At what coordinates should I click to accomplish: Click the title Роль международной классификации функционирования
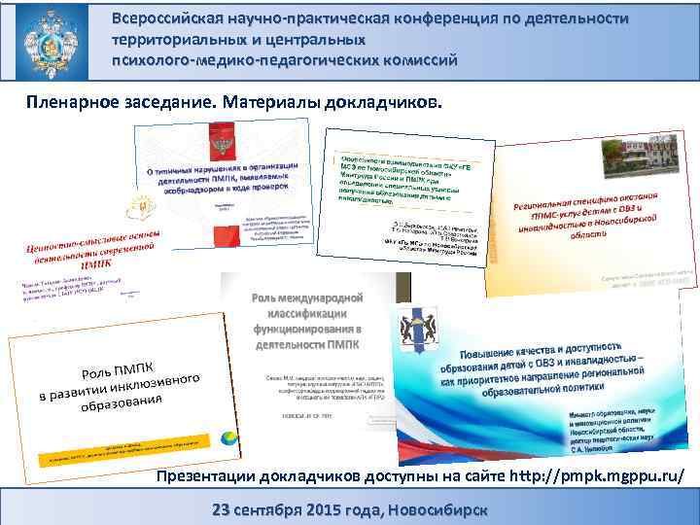click(x=307, y=317)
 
